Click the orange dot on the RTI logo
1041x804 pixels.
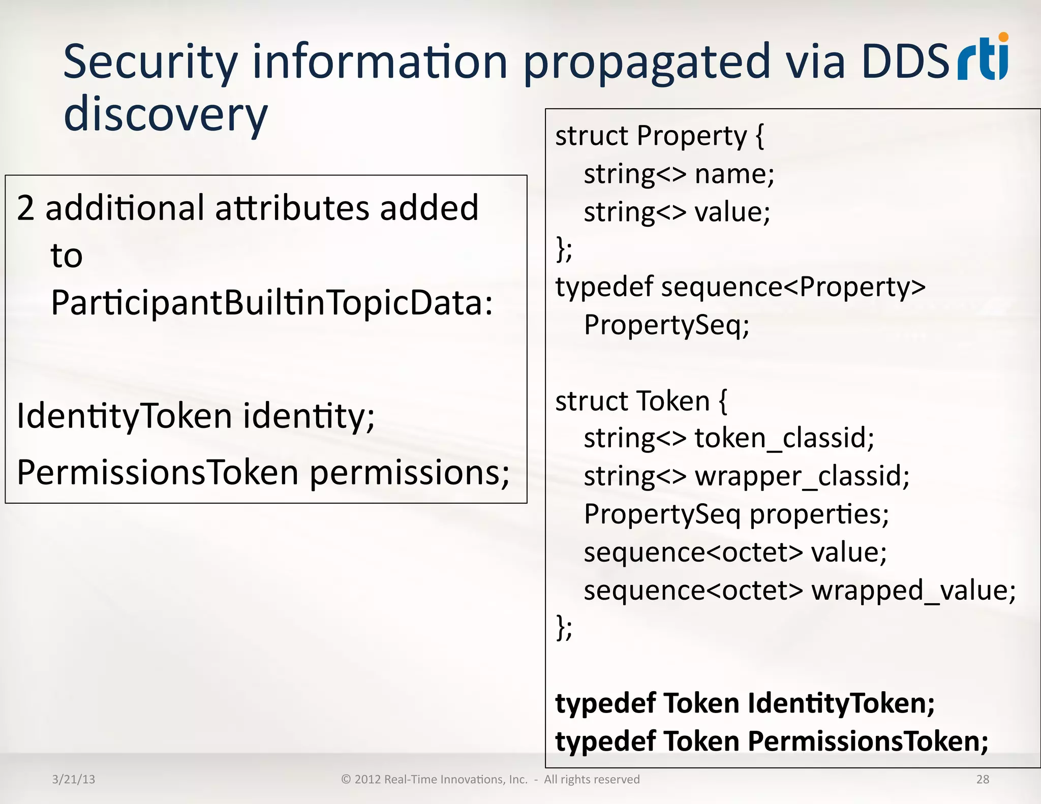click(x=1003, y=37)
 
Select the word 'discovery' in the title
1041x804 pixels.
click(x=165, y=114)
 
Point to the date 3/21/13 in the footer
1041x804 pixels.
click(x=74, y=779)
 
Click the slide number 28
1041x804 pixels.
click(x=983, y=779)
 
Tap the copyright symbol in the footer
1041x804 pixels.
click(x=346, y=779)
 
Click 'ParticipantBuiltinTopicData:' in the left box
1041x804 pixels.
click(x=272, y=303)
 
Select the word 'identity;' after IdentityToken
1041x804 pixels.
click(x=309, y=416)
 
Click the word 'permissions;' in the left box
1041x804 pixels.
click(x=410, y=473)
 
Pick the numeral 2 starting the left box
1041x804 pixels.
click(x=25, y=208)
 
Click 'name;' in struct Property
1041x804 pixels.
click(x=734, y=174)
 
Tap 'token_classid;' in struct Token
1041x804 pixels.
click(x=784, y=438)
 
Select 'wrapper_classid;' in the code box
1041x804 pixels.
click(x=802, y=476)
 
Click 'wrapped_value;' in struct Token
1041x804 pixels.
click(x=913, y=591)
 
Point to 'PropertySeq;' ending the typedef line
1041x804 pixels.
click(x=666, y=325)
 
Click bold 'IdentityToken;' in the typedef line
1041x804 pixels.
click(x=841, y=704)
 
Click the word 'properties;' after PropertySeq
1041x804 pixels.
click(x=819, y=514)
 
